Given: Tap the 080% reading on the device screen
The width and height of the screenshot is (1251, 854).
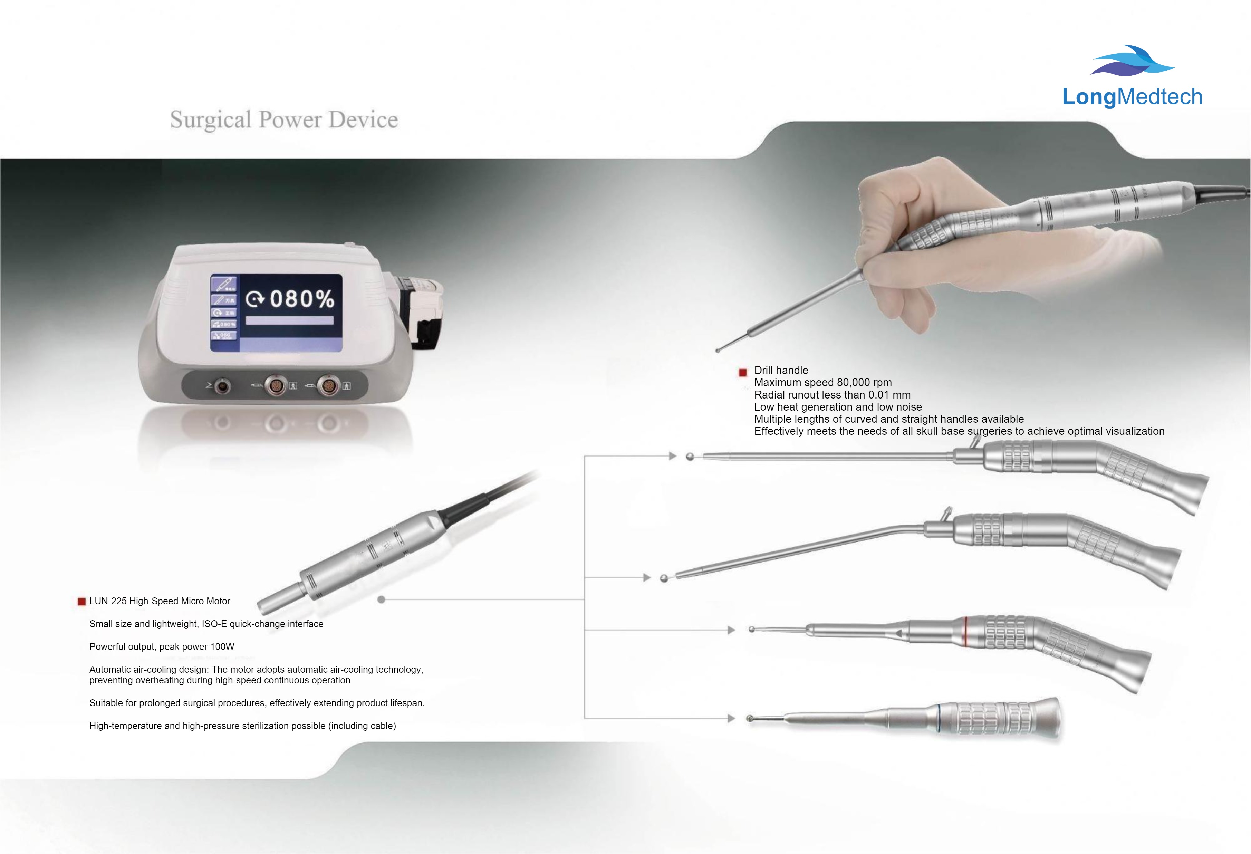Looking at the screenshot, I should tap(301, 299).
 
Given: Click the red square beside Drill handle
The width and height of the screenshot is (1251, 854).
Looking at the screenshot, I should tap(743, 372).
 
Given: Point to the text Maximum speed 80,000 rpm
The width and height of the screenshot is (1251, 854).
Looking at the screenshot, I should tap(822, 382).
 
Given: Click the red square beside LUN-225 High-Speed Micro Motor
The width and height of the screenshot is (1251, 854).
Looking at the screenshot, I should tap(82, 602).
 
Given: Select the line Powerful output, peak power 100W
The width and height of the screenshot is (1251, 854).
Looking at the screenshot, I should tap(162, 647).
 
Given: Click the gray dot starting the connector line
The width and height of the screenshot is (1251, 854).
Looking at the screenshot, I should tap(381, 599).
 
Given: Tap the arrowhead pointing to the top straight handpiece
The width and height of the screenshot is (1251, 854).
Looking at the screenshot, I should tap(672, 456).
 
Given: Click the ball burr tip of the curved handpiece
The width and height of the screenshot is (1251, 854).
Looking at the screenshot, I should tap(664, 578).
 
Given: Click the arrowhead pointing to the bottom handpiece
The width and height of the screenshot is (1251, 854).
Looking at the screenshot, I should tap(731, 718).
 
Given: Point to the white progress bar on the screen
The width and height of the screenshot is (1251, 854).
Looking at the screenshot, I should tap(290, 320).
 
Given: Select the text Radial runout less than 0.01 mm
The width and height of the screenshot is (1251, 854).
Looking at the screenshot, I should tap(832, 395).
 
